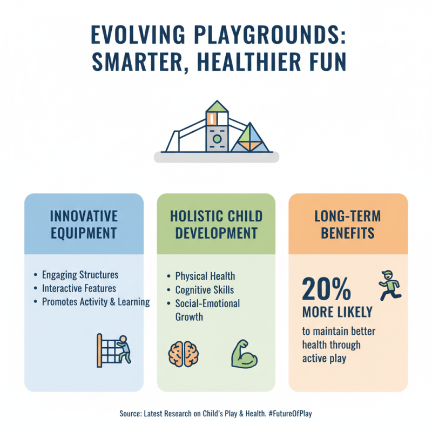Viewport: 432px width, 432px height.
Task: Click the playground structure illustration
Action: pos(216,130)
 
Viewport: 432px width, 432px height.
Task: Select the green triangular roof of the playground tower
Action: pos(216,106)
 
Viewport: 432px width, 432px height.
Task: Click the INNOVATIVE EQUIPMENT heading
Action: pos(84,225)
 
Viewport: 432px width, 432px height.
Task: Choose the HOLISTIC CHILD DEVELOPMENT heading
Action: pos(216,225)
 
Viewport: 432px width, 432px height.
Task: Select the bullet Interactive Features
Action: pos(79,288)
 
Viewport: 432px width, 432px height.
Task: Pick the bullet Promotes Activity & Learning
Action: pos(96,302)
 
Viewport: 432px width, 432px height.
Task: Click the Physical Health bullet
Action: pos(205,276)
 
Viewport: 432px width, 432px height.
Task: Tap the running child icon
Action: pos(390,285)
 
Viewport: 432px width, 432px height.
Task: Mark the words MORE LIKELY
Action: pos(337,312)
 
